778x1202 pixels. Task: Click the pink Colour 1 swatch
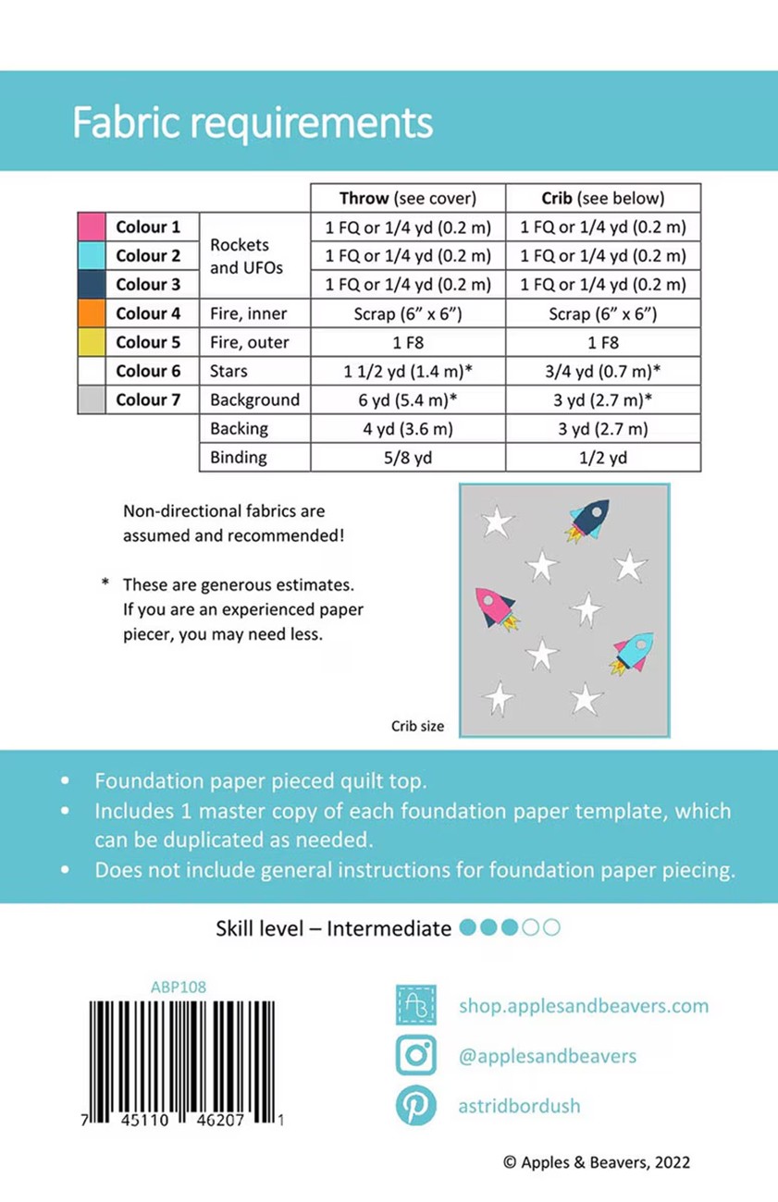pyautogui.click(x=91, y=227)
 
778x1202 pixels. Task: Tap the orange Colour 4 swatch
pyautogui.click(x=91, y=313)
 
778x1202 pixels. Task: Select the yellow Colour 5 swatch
pyautogui.click(x=91, y=342)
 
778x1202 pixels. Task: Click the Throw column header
pyautogui.click(x=407, y=198)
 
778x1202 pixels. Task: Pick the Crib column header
pyautogui.click(x=602, y=198)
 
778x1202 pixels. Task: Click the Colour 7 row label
pyautogui.click(x=148, y=400)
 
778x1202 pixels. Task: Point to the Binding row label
pyautogui.click(x=239, y=458)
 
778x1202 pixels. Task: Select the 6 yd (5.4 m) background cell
pyautogui.click(x=407, y=400)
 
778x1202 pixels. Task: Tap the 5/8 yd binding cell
pyautogui.click(x=407, y=458)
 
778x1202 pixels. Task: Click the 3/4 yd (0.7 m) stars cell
pyautogui.click(x=602, y=371)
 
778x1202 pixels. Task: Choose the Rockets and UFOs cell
pyautogui.click(x=240, y=256)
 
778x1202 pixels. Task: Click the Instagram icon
pyautogui.click(x=416, y=1055)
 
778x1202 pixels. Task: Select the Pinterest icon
pyautogui.click(x=416, y=1106)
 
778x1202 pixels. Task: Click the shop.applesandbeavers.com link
pyautogui.click(x=583, y=1005)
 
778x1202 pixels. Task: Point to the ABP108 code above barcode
pyautogui.click(x=178, y=987)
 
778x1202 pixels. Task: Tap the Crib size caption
pyautogui.click(x=417, y=726)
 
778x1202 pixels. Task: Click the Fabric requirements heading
pyautogui.click(x=253, y=122)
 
